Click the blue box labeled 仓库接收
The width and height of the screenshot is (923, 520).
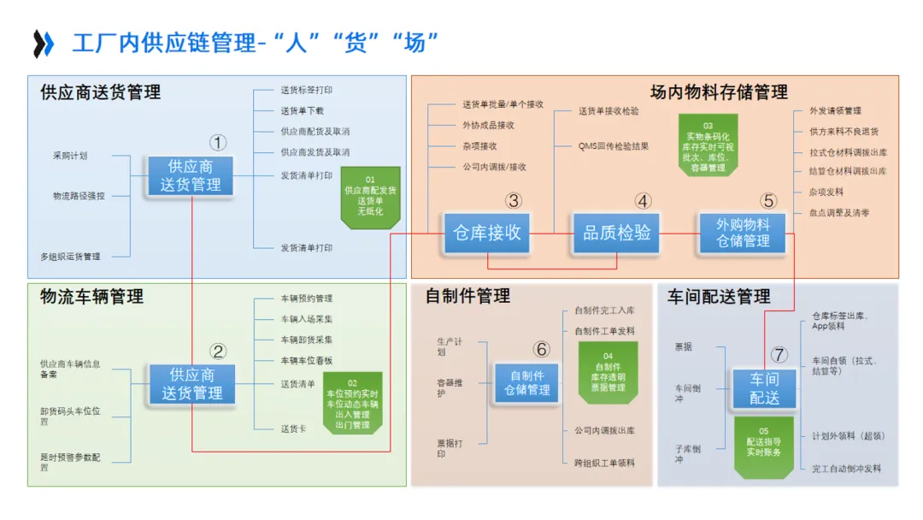487,233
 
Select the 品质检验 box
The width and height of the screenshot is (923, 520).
617,233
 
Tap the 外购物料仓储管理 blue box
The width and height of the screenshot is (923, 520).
743,233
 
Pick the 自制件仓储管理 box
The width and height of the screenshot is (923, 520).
526,382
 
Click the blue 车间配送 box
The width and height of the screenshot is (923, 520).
765,388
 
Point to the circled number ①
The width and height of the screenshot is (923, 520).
219,143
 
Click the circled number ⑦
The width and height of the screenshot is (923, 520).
779,355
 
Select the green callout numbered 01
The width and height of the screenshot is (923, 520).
370,198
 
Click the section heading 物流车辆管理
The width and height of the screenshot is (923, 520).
91,298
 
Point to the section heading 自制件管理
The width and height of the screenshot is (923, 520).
467,297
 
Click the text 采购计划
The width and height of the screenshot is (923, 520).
70,156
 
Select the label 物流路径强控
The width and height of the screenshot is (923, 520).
79,196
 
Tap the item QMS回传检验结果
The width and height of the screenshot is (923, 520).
613,146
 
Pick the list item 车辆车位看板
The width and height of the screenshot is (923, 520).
306,361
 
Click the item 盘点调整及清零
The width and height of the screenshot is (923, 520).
839,213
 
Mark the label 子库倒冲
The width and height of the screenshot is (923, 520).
687,453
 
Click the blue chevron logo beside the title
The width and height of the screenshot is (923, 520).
44,43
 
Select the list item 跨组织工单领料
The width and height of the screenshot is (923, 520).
604,463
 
